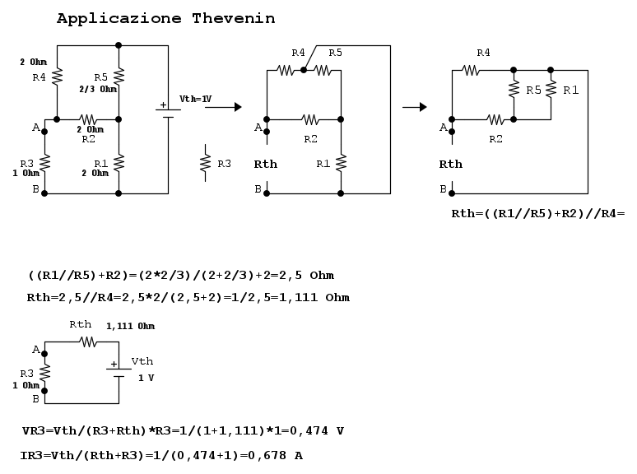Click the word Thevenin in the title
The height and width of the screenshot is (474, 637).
click(234, 18)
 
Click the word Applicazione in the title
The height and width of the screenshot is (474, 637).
click(119, 19)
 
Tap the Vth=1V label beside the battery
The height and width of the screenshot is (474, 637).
click(195, 99)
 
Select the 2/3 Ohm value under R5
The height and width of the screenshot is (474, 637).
click(98, 89)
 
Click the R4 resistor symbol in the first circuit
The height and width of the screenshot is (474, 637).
click(57, 77)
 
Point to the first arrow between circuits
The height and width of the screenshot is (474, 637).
click(223, 107)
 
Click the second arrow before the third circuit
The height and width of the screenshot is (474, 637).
click(414, 107)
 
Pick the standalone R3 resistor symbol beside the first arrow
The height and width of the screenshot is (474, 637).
click(205, 163)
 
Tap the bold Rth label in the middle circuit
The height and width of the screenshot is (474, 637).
click(265, 164)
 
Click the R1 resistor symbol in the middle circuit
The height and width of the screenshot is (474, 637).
click(341, 163)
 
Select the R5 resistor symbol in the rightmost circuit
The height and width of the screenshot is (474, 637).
click(514, 89)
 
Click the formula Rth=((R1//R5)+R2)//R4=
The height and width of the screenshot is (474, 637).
click(538, 214)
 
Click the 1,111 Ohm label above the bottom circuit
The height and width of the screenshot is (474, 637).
click(130, 326)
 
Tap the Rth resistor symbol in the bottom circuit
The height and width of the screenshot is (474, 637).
click(88, 342)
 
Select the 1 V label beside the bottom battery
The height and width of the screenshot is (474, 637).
click(146, 379)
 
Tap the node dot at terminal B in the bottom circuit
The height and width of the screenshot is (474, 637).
click(44, 391)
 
